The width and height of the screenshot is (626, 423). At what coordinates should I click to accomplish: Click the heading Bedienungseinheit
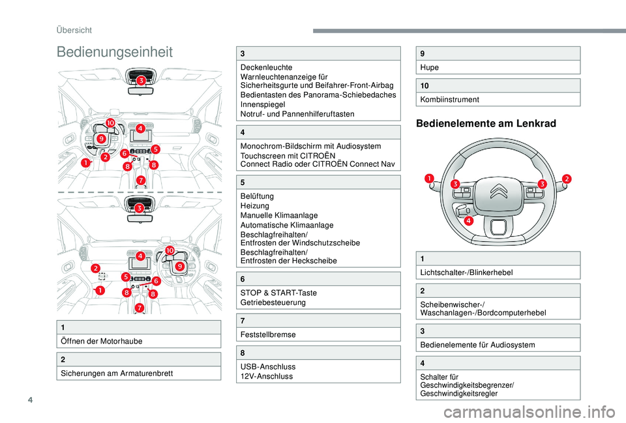[x=114, y=52]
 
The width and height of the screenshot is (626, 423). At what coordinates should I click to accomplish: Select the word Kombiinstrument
[x=450, y=100]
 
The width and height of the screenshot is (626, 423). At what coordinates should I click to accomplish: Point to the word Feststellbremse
[x=268, y=334]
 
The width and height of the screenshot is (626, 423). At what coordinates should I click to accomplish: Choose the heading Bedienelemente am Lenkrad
[x=486, y=123]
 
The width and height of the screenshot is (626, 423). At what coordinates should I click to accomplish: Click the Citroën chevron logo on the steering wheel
[x=498, y=192]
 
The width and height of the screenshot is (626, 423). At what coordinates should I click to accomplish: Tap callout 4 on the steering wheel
[x=468, y=222]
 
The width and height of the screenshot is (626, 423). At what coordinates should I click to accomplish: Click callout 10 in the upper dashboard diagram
[x=110, y=123]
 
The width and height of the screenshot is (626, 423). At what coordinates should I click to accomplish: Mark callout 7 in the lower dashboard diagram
[x=140, y=308]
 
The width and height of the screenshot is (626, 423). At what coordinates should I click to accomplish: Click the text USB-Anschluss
[x=268, y=367]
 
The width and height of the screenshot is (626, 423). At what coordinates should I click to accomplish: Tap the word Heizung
[x=255, y=205]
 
